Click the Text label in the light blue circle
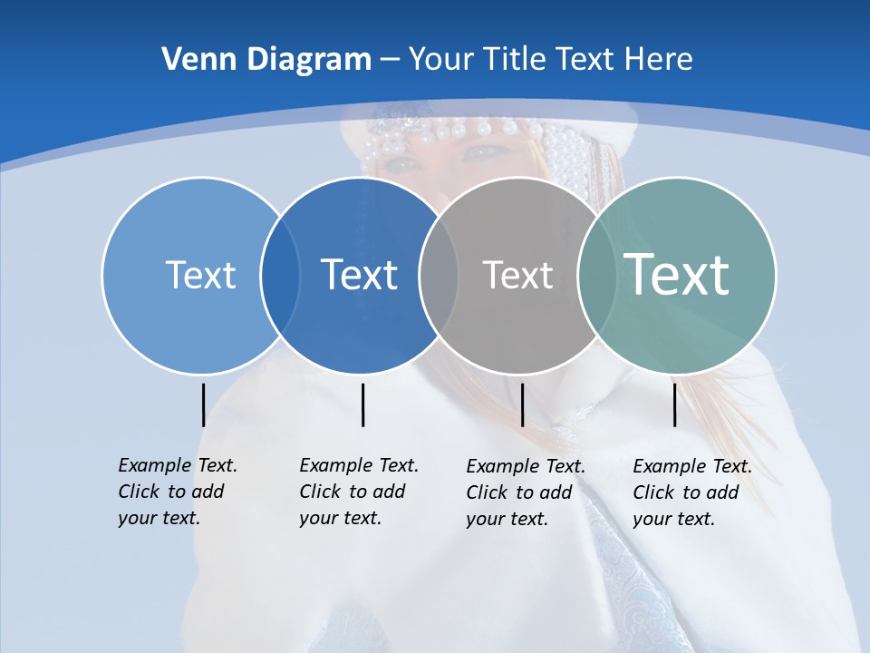point(200,275)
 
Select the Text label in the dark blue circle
point(359,275)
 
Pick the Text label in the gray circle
point(517,275)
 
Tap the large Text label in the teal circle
point(677,274)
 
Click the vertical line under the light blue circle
point(203,404)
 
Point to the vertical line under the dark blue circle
point(362,404)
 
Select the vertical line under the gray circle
point(522,404)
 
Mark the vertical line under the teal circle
point(674,404)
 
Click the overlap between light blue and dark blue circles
point(280,275)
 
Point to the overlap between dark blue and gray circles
point(439,275)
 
